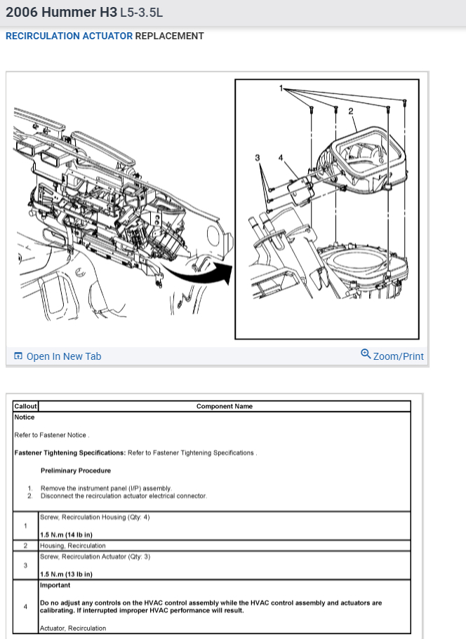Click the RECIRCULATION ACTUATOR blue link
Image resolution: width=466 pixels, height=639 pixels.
[69, 36]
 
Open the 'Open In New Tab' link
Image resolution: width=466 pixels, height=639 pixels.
[58, 356]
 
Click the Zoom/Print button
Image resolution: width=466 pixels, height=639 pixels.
[392, 356]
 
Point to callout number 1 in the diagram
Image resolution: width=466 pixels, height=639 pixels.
[281, 88]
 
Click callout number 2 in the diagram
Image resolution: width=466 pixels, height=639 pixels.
[350, 111]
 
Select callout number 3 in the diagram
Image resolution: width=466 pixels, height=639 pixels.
[258, 158]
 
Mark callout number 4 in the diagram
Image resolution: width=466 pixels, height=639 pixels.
[281, 158]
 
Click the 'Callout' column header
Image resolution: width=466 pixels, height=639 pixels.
[25, 406]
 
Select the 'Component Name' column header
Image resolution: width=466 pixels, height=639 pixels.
[225, 406]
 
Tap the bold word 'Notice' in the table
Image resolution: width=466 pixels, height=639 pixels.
[25, 417]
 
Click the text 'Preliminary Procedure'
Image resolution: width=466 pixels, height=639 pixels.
[76, 471]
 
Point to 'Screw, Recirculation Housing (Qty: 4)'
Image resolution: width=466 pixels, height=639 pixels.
[95, 518]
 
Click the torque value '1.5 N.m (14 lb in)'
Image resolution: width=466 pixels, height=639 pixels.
[67, 535]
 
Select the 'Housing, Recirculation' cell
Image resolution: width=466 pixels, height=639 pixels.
[73, 546]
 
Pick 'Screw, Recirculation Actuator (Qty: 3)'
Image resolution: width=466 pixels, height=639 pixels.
[95, 557]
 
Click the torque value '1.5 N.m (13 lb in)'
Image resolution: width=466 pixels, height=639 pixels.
[67, 574]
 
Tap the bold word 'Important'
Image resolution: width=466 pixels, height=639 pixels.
[55, 585]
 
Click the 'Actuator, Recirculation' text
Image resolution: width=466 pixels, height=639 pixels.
[73, 628]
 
